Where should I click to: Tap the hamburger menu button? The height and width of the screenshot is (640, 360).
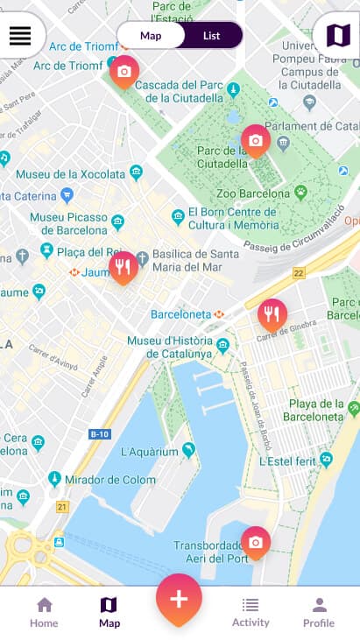point(20,36)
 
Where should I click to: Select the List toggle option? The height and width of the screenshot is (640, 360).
point(211,36)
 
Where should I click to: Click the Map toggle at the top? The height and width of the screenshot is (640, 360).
point(151,36)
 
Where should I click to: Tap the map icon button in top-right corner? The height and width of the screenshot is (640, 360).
point(337,36)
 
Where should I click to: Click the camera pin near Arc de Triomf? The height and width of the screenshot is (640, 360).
point(124,72)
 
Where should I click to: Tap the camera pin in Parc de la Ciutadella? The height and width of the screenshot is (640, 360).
point(255,140)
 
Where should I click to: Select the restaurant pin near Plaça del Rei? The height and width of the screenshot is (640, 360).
point(123,267)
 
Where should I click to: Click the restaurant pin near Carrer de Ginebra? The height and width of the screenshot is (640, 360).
point(272,314)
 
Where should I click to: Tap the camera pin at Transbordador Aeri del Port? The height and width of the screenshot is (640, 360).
point(255,543)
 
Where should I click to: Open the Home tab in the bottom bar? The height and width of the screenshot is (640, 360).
point(44,612)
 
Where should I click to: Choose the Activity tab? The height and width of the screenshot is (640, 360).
point(251,612)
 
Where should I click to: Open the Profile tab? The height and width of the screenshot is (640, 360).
point(319,612)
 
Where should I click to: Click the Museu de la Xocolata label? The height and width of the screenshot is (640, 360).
point(70,173)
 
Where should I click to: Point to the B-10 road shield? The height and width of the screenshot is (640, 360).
point(100,434)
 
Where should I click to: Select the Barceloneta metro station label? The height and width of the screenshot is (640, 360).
point(180,313)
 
